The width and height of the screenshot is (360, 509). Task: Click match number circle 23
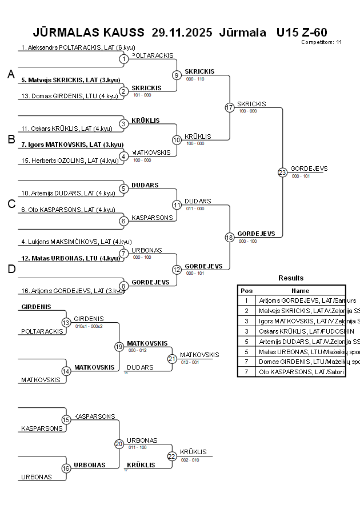(x=282, y=172)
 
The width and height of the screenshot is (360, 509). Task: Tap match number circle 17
(x=230, y=107)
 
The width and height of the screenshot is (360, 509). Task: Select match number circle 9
(x=177, y=75)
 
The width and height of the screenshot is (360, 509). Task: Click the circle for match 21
(x=172, y=359)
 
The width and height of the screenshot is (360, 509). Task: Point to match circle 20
(x=119, y=444)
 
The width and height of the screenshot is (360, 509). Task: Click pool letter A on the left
(x=11, y=74)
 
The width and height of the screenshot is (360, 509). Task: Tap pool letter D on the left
(x=11, y=270)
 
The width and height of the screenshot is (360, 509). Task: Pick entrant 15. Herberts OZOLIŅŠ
(x=70, y=161)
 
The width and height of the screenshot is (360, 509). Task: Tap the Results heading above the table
(x=291, y=278)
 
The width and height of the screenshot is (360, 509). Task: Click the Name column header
(x=300, y=290)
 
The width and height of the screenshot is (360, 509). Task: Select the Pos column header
(x=246, y=290)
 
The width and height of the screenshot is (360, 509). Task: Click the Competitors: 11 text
(x=321, y=42)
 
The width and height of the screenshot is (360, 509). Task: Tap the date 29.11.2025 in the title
(x=182, y=31)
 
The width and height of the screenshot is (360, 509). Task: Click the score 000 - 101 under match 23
(x=301, y=176)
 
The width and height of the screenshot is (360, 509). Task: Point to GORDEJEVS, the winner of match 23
(x=309, y=169)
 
